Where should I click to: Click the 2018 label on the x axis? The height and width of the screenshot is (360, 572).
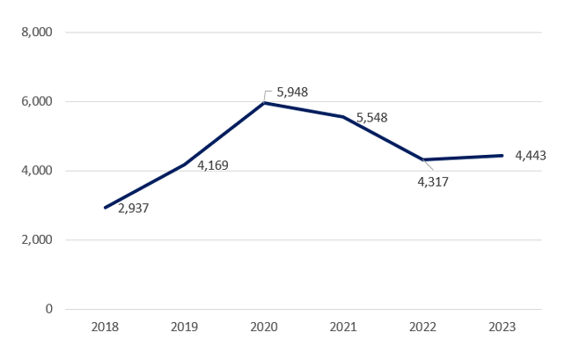point(105,327)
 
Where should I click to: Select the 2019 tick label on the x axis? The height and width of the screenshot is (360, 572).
point(184,327)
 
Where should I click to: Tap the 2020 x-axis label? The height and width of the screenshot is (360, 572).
point(264,327)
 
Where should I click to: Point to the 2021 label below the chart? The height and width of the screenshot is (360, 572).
point(343,327)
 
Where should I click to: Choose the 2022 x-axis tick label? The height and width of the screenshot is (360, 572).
point(422,327)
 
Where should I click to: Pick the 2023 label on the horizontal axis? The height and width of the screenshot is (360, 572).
point(502,327)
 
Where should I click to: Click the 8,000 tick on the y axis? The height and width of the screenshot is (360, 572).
point(37,33)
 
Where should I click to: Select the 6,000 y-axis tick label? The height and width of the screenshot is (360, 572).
point(37,101)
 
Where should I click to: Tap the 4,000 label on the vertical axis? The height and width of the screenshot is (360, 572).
point(37,171)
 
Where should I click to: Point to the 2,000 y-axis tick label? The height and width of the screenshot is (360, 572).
point(37,239)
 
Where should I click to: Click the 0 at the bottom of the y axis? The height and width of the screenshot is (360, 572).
point(49,309)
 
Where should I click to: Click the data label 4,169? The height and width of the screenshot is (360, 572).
point(213,165)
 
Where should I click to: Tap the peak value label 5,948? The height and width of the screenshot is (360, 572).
point(292,92)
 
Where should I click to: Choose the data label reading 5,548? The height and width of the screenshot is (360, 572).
point(371,117)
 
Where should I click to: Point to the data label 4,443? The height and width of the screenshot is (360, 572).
point(531,156)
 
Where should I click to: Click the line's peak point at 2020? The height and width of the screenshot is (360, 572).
point(264,103)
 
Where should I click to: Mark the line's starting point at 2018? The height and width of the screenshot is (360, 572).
point(105,208)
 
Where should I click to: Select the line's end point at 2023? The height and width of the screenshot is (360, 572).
point(502,156)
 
